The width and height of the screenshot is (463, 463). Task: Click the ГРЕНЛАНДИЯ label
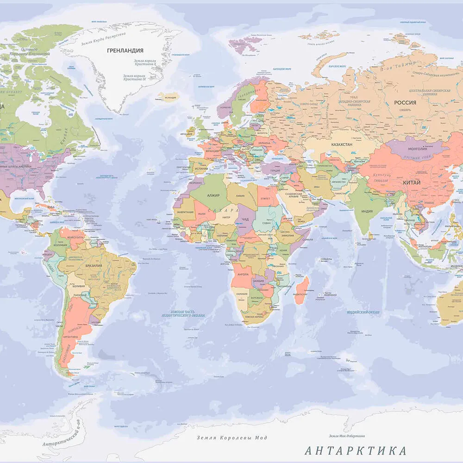(125, 50)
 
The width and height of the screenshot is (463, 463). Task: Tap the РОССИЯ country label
(405, 102)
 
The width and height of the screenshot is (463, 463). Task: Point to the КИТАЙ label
(412, 182)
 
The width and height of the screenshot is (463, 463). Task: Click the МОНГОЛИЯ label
(417, 149)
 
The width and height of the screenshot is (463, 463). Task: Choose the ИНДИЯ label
(367, 211)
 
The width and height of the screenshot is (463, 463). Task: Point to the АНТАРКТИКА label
(356, 450)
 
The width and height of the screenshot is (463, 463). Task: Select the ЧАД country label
(245, 219)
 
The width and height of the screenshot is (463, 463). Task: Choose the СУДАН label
(267, 223)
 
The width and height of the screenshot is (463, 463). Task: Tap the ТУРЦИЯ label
(275, 170)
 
